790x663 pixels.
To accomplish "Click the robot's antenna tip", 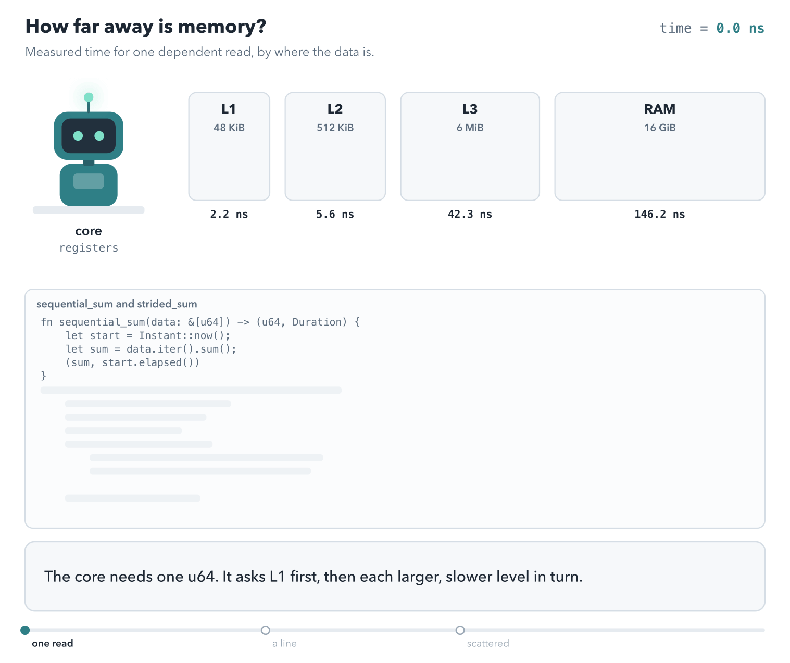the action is [x=89, y=97].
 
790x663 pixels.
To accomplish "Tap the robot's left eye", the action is [x=78, y=136].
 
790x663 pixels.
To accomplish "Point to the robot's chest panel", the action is [x=89, y=181].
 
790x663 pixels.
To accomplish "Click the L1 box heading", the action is [x=229, y=109].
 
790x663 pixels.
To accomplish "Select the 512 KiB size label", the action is [x=335, y=128].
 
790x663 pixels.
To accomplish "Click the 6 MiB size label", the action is [x=470, y=128].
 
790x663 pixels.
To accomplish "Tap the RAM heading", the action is [x=660, y=109].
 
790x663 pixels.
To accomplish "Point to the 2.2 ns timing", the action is [x=229, y=214].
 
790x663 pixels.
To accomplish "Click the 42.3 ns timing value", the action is [x=470, y=214].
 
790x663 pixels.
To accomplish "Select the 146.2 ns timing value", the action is [x=660, y=214].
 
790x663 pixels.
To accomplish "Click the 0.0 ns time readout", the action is [x=741, y=28].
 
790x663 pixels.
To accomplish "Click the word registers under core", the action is [x=89, y=248].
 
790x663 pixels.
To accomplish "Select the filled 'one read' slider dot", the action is [x=25, y=630].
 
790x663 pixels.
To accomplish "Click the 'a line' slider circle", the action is [x=266, y=630].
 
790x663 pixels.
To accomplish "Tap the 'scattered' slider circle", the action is [x=460, y=630].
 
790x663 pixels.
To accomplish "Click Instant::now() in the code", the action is [x=185, y=335].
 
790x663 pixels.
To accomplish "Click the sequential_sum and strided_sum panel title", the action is [x=117, y=304].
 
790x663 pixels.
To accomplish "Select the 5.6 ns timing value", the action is [x=335, y=214].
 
